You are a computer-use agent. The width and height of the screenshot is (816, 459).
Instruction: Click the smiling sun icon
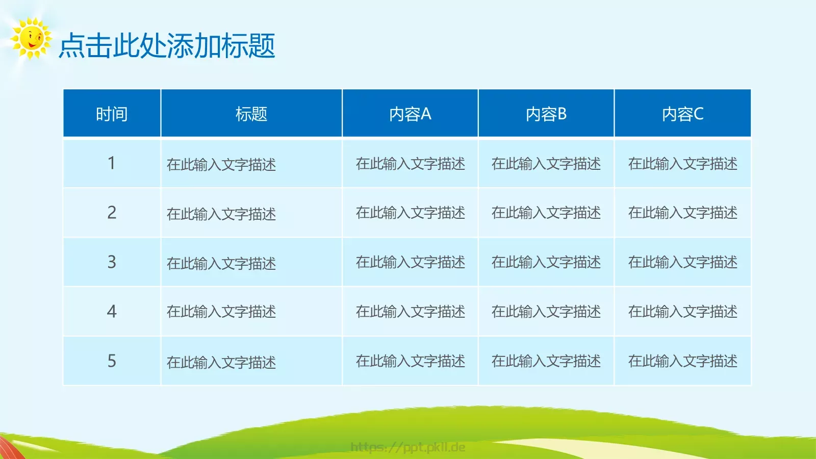coord(31,38)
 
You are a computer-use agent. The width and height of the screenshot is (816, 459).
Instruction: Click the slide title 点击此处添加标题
coord(167,46)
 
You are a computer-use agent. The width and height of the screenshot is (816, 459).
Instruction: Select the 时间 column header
coord(112,114)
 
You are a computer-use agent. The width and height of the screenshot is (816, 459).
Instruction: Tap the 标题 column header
coord(251,114)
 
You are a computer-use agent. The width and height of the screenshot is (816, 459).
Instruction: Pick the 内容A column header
coord(410,114)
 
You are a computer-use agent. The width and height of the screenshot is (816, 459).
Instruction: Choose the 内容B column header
coord(546,114)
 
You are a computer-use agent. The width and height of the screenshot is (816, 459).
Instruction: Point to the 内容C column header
coord(682,114)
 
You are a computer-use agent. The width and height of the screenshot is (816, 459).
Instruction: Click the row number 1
coord(112,163)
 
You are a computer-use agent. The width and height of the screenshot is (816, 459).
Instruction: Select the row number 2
coord(112,213)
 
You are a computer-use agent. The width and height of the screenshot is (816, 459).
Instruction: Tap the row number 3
coord(112,262)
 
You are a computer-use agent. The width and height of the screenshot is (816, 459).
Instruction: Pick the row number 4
coord(112,312)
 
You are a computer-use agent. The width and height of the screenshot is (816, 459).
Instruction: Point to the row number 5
coord(112,361)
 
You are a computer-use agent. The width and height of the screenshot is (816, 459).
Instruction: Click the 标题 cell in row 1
coord(221,164)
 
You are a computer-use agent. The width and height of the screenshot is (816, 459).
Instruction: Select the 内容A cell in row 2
coord(410,213)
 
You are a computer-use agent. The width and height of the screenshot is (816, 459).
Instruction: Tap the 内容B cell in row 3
coord(546,262)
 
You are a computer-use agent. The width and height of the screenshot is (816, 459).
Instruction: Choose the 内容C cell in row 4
coord(682,312)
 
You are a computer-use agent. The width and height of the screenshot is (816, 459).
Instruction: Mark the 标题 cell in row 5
coord(221,362)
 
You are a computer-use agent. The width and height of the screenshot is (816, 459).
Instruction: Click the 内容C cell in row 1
coord(682,163)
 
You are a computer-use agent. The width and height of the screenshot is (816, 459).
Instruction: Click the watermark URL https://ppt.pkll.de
coord(408,447)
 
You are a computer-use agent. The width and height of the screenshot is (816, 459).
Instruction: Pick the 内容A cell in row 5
coord(410,361)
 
